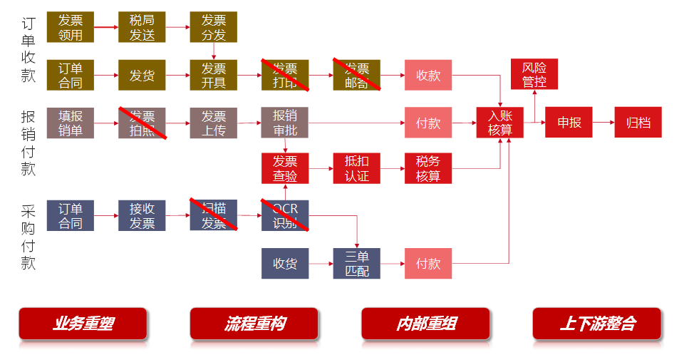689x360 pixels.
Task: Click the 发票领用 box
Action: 71,27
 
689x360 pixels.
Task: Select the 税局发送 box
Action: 142,27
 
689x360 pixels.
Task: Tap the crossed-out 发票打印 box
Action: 285,76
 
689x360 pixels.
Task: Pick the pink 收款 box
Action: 428,76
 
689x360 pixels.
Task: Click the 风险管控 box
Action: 534,74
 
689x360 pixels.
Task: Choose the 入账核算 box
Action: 500,123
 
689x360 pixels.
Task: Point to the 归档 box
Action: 638,123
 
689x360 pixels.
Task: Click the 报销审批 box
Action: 285,123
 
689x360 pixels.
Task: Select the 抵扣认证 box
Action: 357,168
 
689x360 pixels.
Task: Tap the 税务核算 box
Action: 428,168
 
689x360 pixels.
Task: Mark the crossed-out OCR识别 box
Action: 285,215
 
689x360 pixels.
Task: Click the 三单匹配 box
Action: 357,264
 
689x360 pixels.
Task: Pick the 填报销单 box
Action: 71,123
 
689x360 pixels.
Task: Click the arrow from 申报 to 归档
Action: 603,123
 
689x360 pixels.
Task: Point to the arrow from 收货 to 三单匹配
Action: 321,264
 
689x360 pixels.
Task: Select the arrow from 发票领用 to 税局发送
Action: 106,27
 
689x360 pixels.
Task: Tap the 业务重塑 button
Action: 83,324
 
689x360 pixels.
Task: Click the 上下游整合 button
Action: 597,324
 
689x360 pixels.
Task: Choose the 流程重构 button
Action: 254,324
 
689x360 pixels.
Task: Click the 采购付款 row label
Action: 29,237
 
